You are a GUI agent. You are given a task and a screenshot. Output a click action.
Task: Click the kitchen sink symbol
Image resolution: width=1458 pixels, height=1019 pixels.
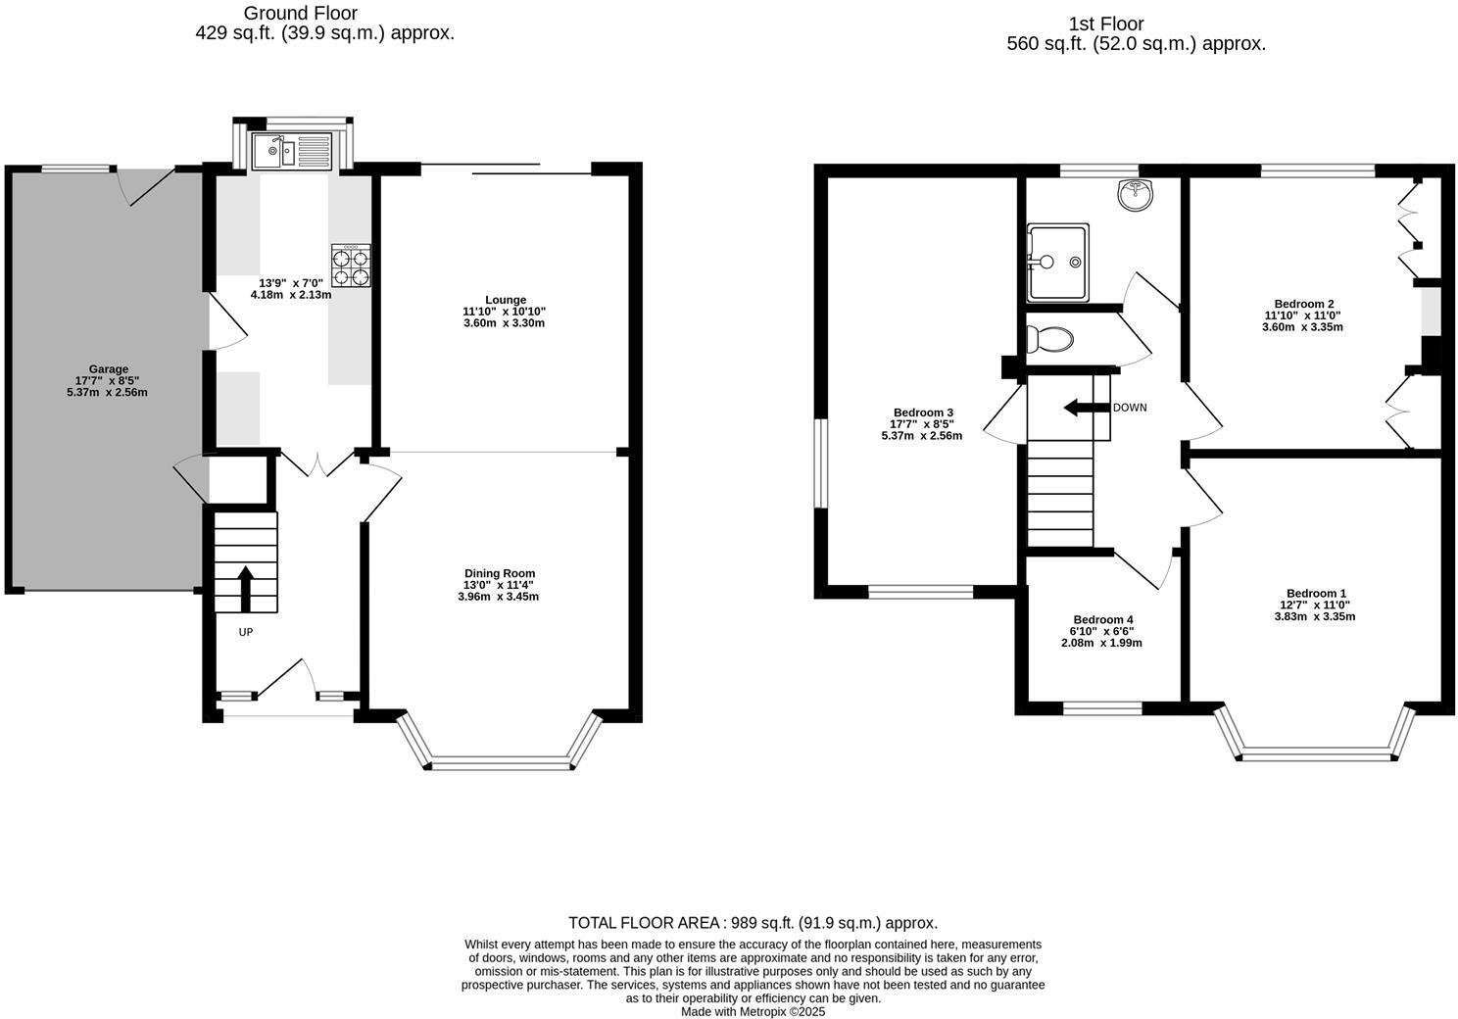point(293,152)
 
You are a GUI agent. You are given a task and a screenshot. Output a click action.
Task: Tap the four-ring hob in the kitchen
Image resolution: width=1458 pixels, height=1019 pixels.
point(352,266)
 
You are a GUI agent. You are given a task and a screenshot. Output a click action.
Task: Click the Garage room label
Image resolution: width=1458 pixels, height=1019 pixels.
point(109,369)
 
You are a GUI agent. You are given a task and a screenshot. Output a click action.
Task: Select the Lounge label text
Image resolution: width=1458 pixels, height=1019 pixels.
point(506,300)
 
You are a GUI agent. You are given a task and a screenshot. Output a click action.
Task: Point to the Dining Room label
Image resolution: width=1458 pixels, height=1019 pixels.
point(500,573)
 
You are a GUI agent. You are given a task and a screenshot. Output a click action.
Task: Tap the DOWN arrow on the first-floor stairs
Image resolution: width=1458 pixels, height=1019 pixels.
point(1084,408)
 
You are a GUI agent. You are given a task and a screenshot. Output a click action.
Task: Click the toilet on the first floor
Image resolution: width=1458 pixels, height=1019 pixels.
point(1050,340)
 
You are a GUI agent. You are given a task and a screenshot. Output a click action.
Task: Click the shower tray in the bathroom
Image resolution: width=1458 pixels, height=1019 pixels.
point(1057,263)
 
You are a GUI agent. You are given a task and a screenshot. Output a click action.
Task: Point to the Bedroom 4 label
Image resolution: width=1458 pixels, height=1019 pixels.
point(1102,619)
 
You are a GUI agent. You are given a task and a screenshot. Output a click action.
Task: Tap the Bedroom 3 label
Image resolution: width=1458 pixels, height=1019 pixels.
point(922,412)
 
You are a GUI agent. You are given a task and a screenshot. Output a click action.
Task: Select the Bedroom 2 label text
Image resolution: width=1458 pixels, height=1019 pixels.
point(1303,304)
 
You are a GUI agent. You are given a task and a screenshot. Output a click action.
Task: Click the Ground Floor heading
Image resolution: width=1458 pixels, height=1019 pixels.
point(300,14)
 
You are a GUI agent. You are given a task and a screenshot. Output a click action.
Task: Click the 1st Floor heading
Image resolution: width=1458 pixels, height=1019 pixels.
point(1106,24)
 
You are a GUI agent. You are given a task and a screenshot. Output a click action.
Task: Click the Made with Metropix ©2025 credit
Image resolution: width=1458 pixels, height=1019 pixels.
point(753,1011)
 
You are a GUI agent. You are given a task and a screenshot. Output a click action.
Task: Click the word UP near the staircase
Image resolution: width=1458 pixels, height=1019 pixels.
point(246,632)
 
